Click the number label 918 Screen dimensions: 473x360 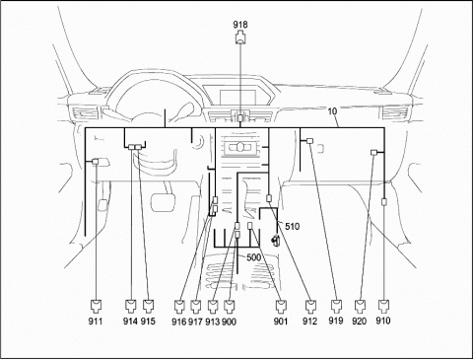240,25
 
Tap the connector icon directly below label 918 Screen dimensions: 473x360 240,37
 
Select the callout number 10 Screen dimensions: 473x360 332,111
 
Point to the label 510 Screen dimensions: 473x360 292,226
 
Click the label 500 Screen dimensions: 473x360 254,257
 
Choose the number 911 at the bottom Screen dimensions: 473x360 96,322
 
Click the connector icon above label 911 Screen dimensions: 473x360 96,306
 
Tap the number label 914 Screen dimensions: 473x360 130,322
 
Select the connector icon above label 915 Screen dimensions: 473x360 149,306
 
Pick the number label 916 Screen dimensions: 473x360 179,322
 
